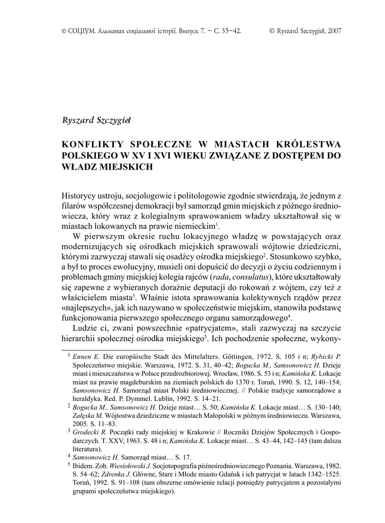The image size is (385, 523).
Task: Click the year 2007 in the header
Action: click(333, 31)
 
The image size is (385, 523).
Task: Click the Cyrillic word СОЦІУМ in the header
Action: click(78, 31)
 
